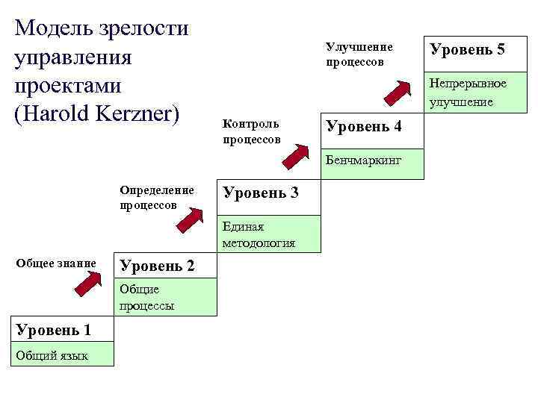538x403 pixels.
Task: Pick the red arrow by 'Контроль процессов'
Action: coord(297,154)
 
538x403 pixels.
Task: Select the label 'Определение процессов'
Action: coord(156,197)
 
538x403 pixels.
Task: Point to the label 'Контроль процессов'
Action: coord(251,131)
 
